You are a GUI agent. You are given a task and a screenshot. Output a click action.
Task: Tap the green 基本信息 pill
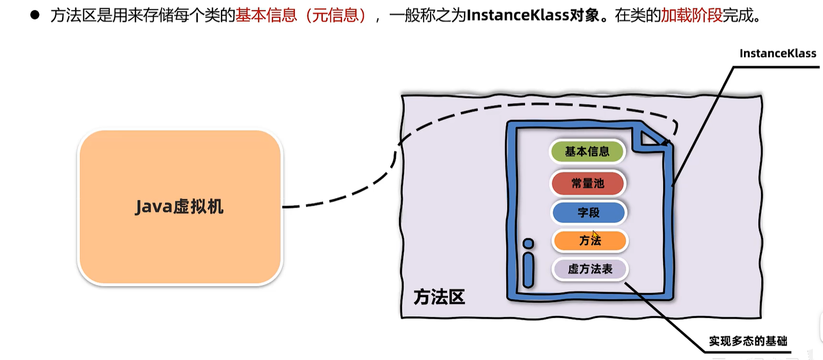click(x=587, y=152)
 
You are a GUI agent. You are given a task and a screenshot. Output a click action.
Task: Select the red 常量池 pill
click(x=588, y=183)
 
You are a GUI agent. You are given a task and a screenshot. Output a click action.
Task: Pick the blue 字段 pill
click(x=589, y=212)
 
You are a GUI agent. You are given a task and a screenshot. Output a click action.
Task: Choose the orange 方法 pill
click(x=590, y=241)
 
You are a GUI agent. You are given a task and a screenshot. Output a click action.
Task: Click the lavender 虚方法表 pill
click(x=590, y=269)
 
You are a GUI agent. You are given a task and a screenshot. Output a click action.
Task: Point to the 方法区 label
click(x=439, y=297)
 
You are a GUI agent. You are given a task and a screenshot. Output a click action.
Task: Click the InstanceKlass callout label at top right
click(x=777, y=53)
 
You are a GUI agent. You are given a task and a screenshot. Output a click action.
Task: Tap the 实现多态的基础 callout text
click(x=748, y=341)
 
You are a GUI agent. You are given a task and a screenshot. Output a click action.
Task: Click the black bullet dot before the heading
click(x=35, y=15)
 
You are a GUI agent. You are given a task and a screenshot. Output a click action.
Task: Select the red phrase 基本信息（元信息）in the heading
click(x=302, y=15)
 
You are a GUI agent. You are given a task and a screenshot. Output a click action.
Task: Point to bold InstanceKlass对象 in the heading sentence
click(x=533, y=15)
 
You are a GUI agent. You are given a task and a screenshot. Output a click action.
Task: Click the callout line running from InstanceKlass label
click(x=702, y=126)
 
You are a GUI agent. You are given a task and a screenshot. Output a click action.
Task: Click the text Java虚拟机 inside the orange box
click(x=179, y=207)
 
